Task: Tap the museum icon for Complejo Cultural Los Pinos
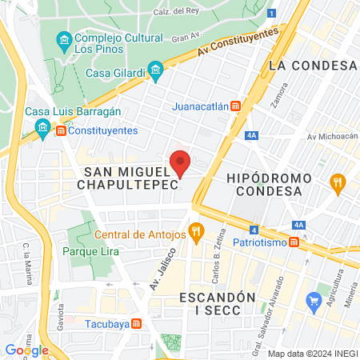pyautogui.click(x=63, y=38)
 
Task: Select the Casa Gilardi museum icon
pyautogui.click(x=156, y=73)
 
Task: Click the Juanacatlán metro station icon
pyautogui.click(x=235, y=106)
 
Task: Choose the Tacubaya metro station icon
pyautogui.click(x=137, y=323)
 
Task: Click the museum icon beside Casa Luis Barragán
pyautogui.click(x=42, y=127)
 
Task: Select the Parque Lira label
pyautogui.click(x=90, y=252)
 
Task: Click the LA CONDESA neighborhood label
pyautogui.click(x=312, y=65)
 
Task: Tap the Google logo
pyautogui.click(x=26, y=350)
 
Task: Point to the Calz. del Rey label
pyautogui.click(x=176, y=11)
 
